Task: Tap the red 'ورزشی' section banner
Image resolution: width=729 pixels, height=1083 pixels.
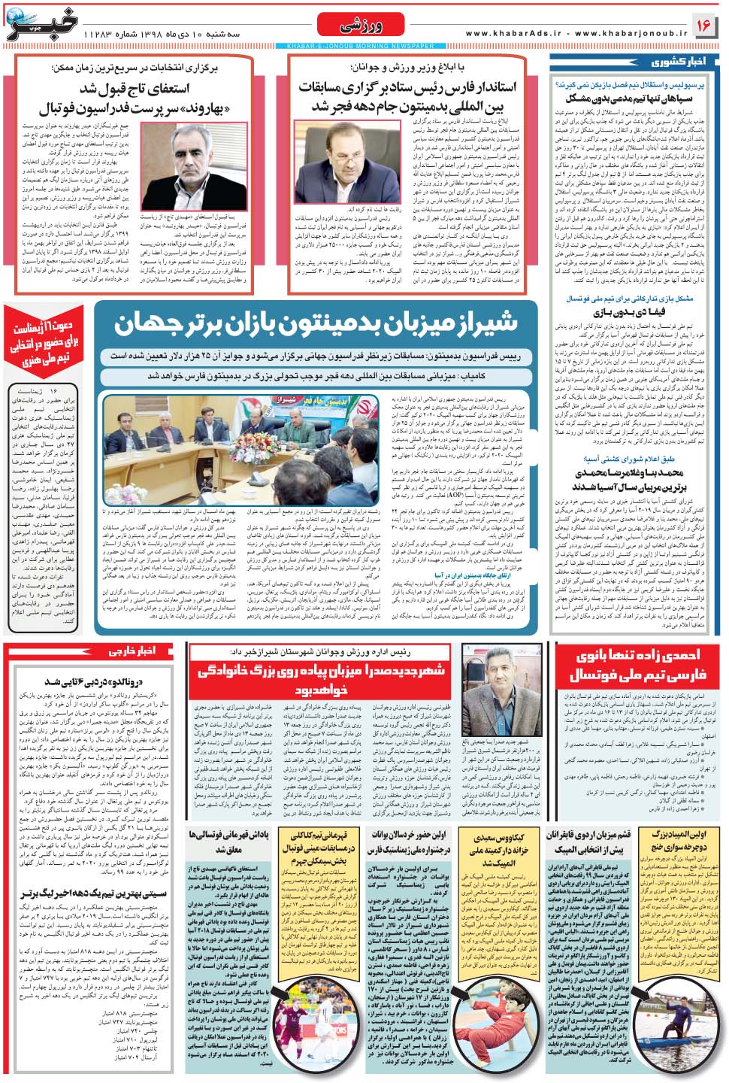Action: pyautogui.click(x=360, y=26)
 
